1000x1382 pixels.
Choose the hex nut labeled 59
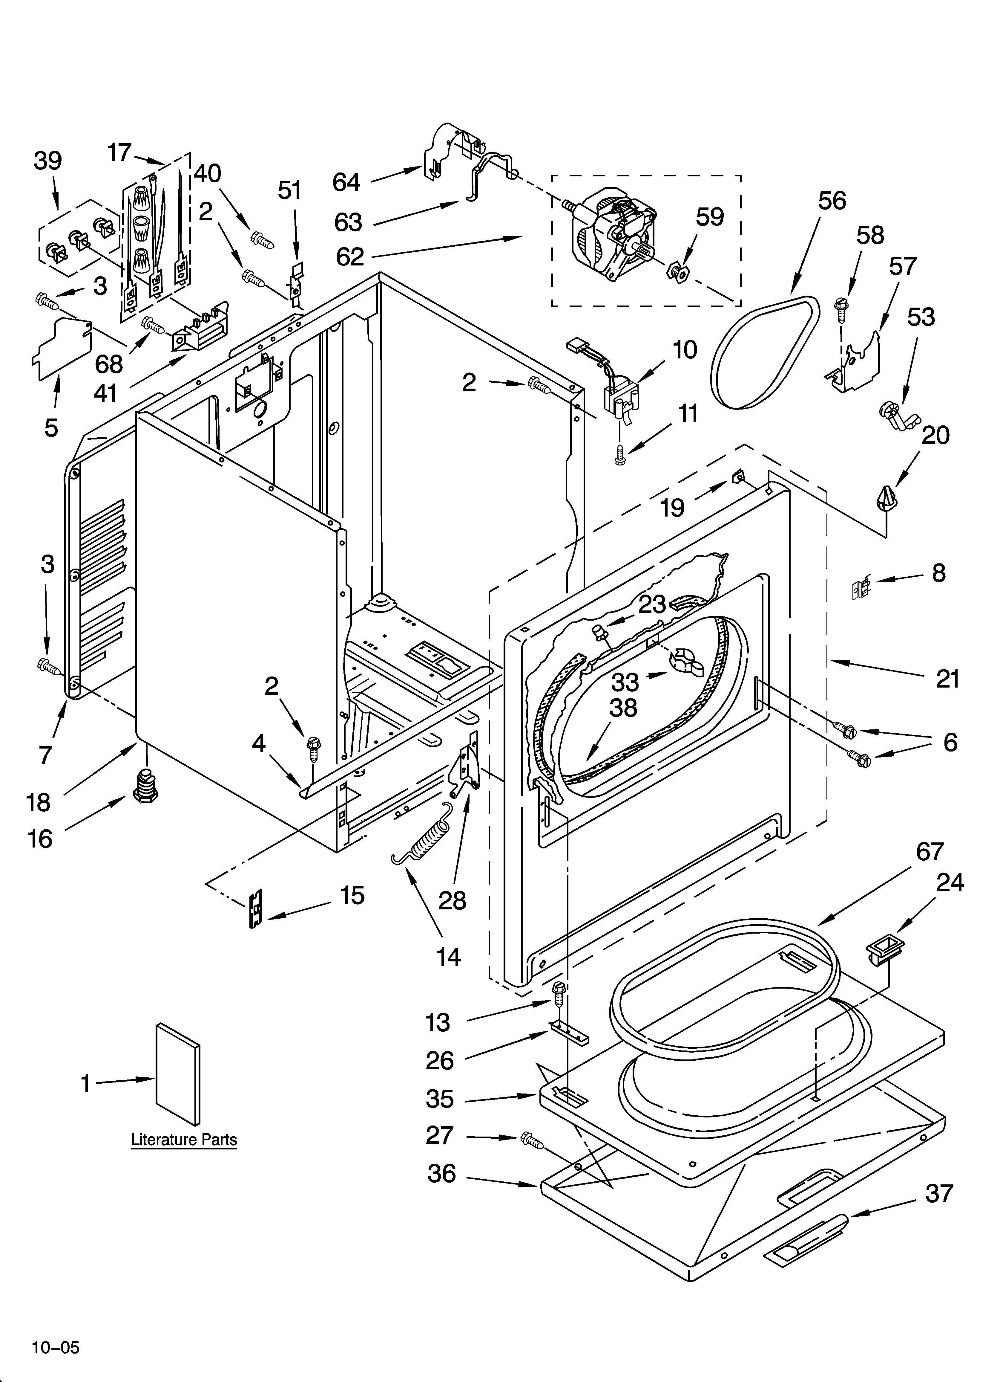678,272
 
